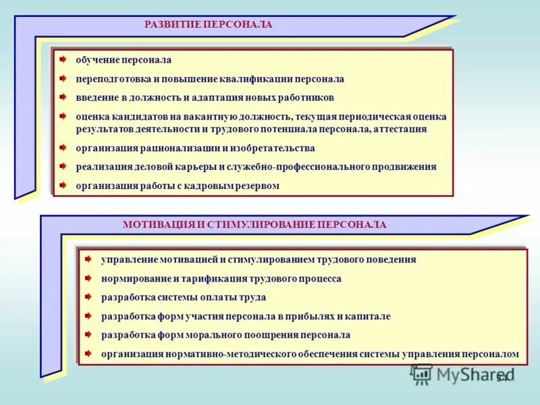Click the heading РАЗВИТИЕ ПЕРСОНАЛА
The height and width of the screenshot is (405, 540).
click(x=208, y=24)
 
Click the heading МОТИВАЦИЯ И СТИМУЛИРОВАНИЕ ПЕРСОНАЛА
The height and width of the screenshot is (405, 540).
click(x=254, y=225)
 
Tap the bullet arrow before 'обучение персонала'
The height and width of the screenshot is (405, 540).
click(x=63, y=60)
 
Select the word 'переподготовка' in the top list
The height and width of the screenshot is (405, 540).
click(x=108, y=79)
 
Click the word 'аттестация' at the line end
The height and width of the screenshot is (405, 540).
click(x=402, y=129)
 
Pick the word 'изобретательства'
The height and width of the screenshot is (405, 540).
click(x=277, y=148)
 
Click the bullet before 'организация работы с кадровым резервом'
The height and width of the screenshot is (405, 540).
click(x=63, y=185)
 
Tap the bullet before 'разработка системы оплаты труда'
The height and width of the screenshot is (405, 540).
click(x=88, y=296)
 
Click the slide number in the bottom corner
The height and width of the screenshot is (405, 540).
click(x=502, y=377)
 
